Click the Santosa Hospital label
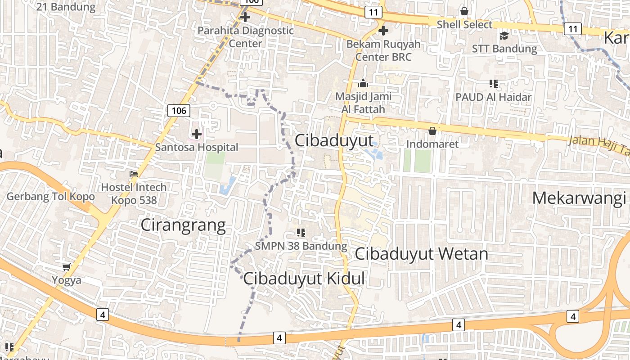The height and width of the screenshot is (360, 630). coord(197,147)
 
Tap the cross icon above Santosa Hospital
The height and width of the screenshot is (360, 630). coord(197,134)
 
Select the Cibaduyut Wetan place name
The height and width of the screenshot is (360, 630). coord(421,254)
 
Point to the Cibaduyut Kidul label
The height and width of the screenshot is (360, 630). coord(304,279)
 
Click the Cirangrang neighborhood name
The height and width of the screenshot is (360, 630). coord(183,225)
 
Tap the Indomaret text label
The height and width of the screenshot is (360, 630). coord(432,144)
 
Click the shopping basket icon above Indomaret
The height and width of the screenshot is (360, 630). coord(432,131)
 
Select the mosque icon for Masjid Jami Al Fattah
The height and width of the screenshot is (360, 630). coord(363,83)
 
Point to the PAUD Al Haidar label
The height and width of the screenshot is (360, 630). coord(493,97)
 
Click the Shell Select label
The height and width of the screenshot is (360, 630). coord(464,24)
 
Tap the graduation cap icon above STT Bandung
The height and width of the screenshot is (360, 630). coord(504,36)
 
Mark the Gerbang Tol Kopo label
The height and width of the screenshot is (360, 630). coord(50,197)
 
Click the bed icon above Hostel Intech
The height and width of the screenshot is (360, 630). coord(133,174)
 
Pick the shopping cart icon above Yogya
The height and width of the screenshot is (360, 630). coord(67,267)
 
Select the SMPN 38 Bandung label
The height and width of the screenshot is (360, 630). coord(301,246)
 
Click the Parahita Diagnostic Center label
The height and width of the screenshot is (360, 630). coord(246,37)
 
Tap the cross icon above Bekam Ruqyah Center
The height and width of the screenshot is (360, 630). coord(383,31)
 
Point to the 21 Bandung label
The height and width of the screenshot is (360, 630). coord(66,7)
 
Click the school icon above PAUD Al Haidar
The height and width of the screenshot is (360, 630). coord(493,84)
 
